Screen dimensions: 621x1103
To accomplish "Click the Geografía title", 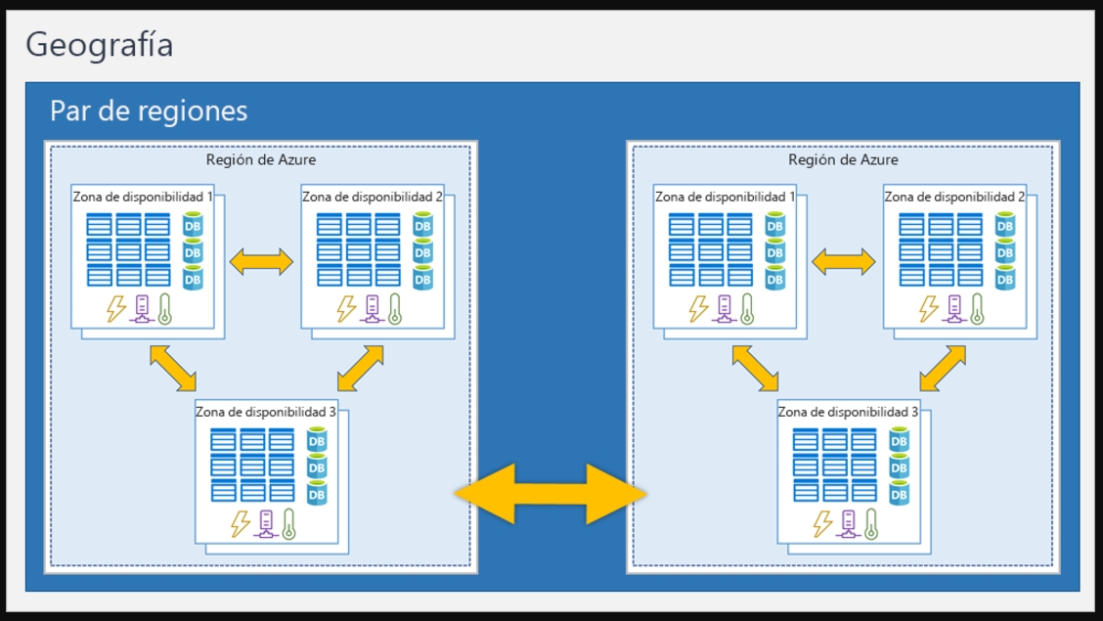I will (x=100, y=45).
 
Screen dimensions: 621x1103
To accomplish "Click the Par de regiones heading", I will (x=149, y=111).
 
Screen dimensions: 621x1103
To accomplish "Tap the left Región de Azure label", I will (x=261, y=159).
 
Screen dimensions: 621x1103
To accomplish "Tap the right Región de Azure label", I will (x=843, y=159).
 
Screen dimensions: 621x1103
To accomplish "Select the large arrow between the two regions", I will (x=551, y=493).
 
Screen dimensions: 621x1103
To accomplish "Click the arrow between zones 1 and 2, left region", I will (x=261, y=260).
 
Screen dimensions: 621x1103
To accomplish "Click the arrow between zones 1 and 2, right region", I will (x=843, y=260).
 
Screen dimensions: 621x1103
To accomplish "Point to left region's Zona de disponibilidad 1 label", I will (x=143, y=197).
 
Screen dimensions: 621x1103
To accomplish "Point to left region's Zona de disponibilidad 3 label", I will (x=266, y=412).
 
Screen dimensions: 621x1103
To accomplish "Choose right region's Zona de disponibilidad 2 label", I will (x=954, y=197).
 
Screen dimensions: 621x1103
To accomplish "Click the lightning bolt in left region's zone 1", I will (x=116, y=309).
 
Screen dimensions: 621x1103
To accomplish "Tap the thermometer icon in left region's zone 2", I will (x=395, y=309).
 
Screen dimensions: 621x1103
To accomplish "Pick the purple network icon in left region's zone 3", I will (x=264, y=524).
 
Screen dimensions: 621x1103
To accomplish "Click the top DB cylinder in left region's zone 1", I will (x=193, y=227).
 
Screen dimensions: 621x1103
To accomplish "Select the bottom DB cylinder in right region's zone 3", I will (x=899, y=495).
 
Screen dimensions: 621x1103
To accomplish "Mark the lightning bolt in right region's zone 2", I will (x=928, y=309).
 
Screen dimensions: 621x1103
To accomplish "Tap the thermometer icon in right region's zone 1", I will (x=747, y=309).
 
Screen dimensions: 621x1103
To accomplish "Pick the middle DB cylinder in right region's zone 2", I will (x=1004, y=252).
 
